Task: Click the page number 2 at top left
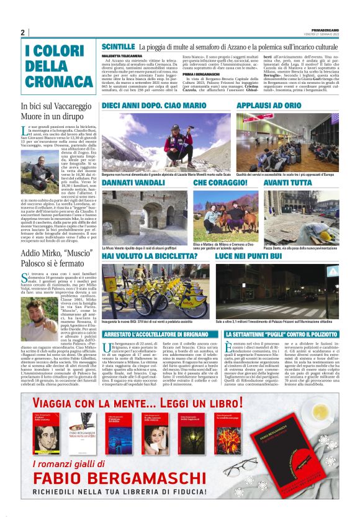click(x=23, y=32)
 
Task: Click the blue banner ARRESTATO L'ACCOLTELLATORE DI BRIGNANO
click(x=158, y=334)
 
